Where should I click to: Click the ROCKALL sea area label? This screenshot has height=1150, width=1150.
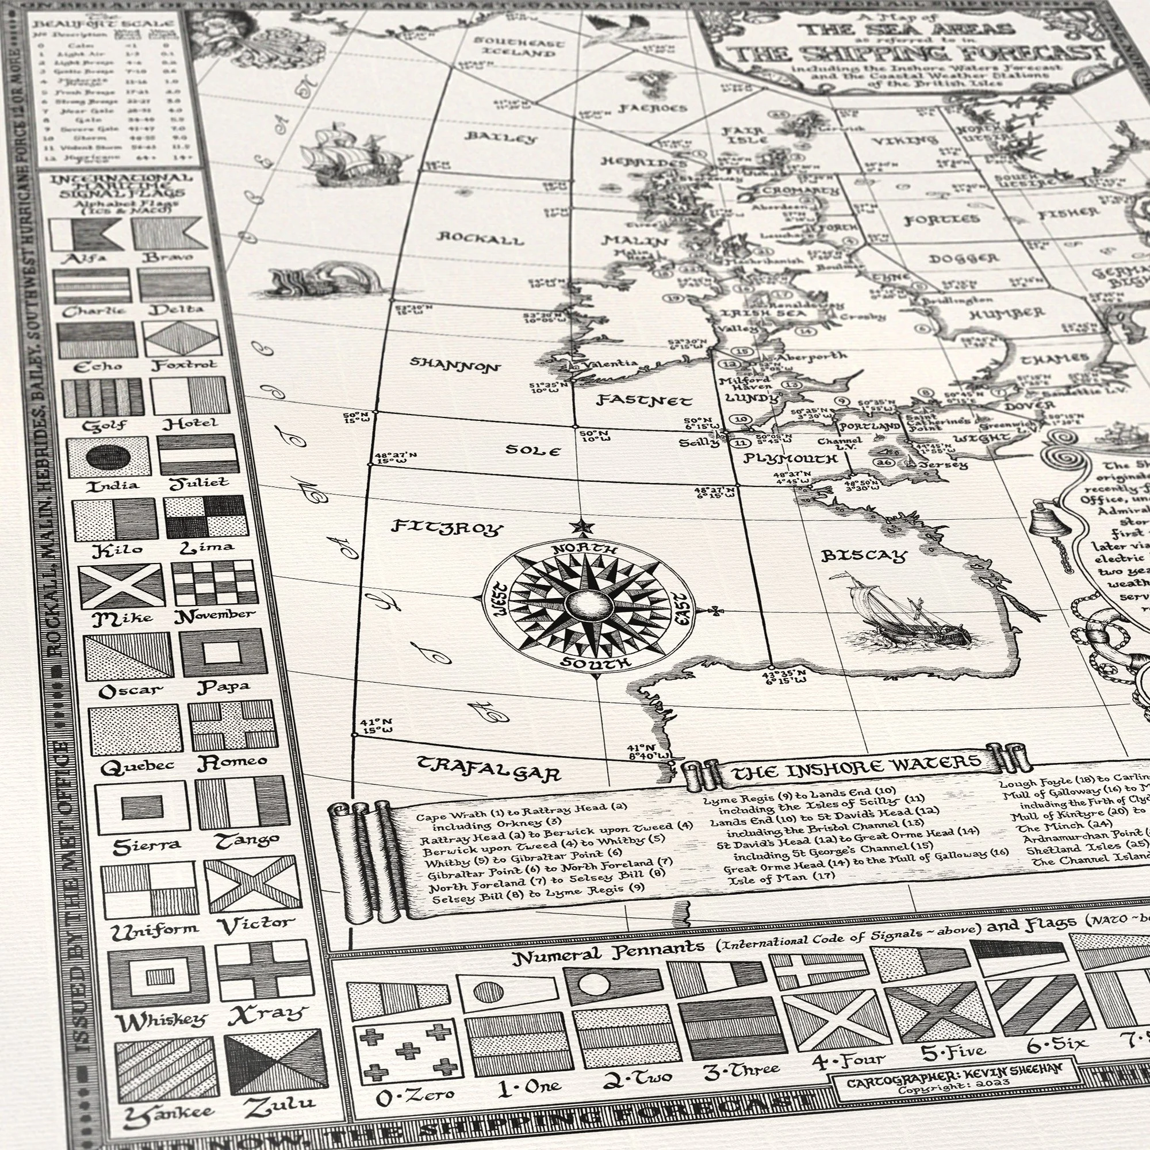pos(481,239)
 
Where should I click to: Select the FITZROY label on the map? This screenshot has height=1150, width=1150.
pos(447,527)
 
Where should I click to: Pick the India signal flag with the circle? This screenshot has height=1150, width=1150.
pos(109,457)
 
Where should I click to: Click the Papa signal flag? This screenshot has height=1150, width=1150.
pos(223,653)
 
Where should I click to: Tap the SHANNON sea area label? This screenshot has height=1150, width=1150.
pos(455,365)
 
